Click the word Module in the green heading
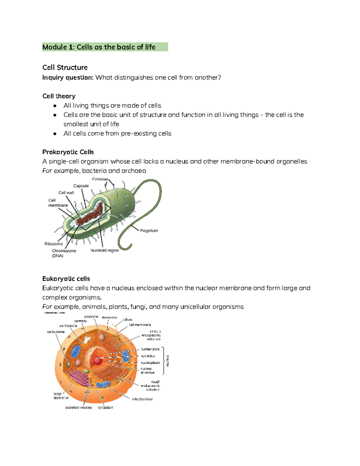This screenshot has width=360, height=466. pyautogui.click(x=55, y=47)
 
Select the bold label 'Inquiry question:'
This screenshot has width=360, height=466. pyautogui.click(x=68, y=78)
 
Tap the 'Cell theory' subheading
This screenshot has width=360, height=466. pyautogui.click(x=59, y=96)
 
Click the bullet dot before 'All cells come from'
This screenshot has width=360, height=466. pyautogui.click(x=55, y=134)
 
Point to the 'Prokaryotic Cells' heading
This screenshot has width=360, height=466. pyautogui.click(x=68, y=152)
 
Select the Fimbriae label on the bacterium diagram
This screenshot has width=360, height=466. pyautogui.click(x=100, y=179)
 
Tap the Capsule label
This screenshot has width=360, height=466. pyautogui.click(x=81, y=186)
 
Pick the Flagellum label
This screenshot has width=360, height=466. pyautogui.click(x=149, y=231)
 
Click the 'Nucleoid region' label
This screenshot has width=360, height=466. pyautogui.click(x=105, y=250)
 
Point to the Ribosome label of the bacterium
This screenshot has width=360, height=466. pyautogui.click(x=54, y=244)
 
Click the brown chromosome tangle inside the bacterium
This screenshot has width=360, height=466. pyautogui.click(x=90, y=215)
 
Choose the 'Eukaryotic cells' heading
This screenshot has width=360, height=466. pyautogui.click(x=66, y=279)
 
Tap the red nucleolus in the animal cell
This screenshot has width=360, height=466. pyautogui.click(x=97, y=360)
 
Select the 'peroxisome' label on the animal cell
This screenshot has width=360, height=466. pyautogui.click(x=56, y=332)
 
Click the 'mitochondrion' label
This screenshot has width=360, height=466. pyautogui.click(x=142, y=399)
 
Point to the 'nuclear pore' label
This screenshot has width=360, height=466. pyautogui.click(x=150, y=349)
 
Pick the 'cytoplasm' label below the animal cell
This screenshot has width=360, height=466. pyautogui.click(x=106, y=408)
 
